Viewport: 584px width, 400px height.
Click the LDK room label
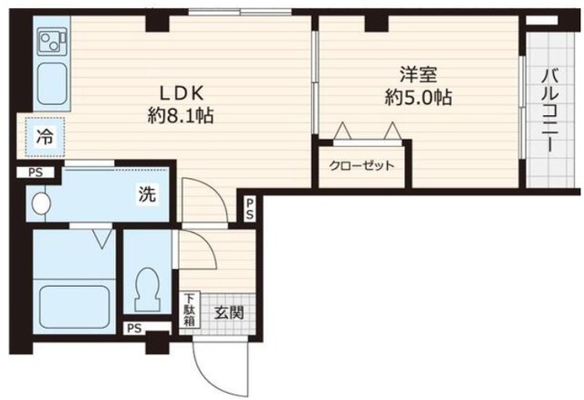[182, 93]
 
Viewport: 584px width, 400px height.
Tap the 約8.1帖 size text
[181, 116]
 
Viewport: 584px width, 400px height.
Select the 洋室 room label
[418, 74]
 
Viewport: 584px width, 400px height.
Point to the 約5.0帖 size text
[418, 98]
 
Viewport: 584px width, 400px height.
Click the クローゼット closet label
[361, 165]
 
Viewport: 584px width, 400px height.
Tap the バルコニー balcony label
[550, 110]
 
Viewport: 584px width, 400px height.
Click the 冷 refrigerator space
[45, 137]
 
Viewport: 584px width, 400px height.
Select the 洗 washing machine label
[147, 194]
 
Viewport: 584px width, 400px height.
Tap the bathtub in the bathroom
[74, 307]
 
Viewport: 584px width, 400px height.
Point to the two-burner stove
[52, 41]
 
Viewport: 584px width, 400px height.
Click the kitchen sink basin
[52, 84]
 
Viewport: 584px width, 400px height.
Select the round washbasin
[40, 204]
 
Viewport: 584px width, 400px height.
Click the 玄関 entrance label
[229, 312]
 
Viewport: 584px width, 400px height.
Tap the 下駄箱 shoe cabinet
[190, 310]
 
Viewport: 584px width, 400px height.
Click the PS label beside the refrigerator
[36, 173]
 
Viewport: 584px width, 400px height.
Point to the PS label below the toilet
[134, 329]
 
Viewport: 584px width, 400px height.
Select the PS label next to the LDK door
[249, 208]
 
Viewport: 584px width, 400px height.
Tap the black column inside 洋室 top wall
[376, 23]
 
